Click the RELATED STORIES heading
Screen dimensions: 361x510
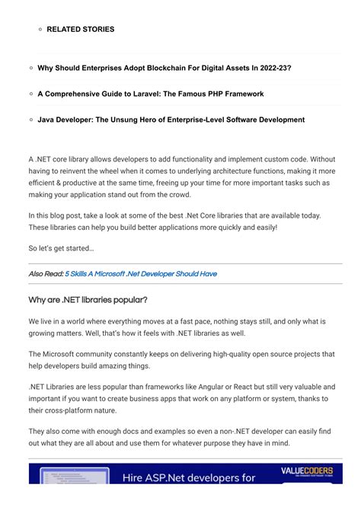(x=80, y=29)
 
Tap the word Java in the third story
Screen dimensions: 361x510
(x=46, y=120)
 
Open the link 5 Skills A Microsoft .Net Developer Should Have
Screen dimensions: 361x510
(x=141, y=274)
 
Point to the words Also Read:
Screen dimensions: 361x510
(x=46, y=274)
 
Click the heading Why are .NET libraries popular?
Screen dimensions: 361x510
(x=88, y=299)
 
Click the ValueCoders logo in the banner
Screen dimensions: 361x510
(x=306, y=471)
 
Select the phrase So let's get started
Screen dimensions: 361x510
(x=61, y=248)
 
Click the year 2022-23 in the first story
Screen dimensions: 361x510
(x=271, y=68)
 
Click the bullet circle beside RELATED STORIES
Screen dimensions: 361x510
(x=39, y=29)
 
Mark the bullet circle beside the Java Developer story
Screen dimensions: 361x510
(x=30, y=120)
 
